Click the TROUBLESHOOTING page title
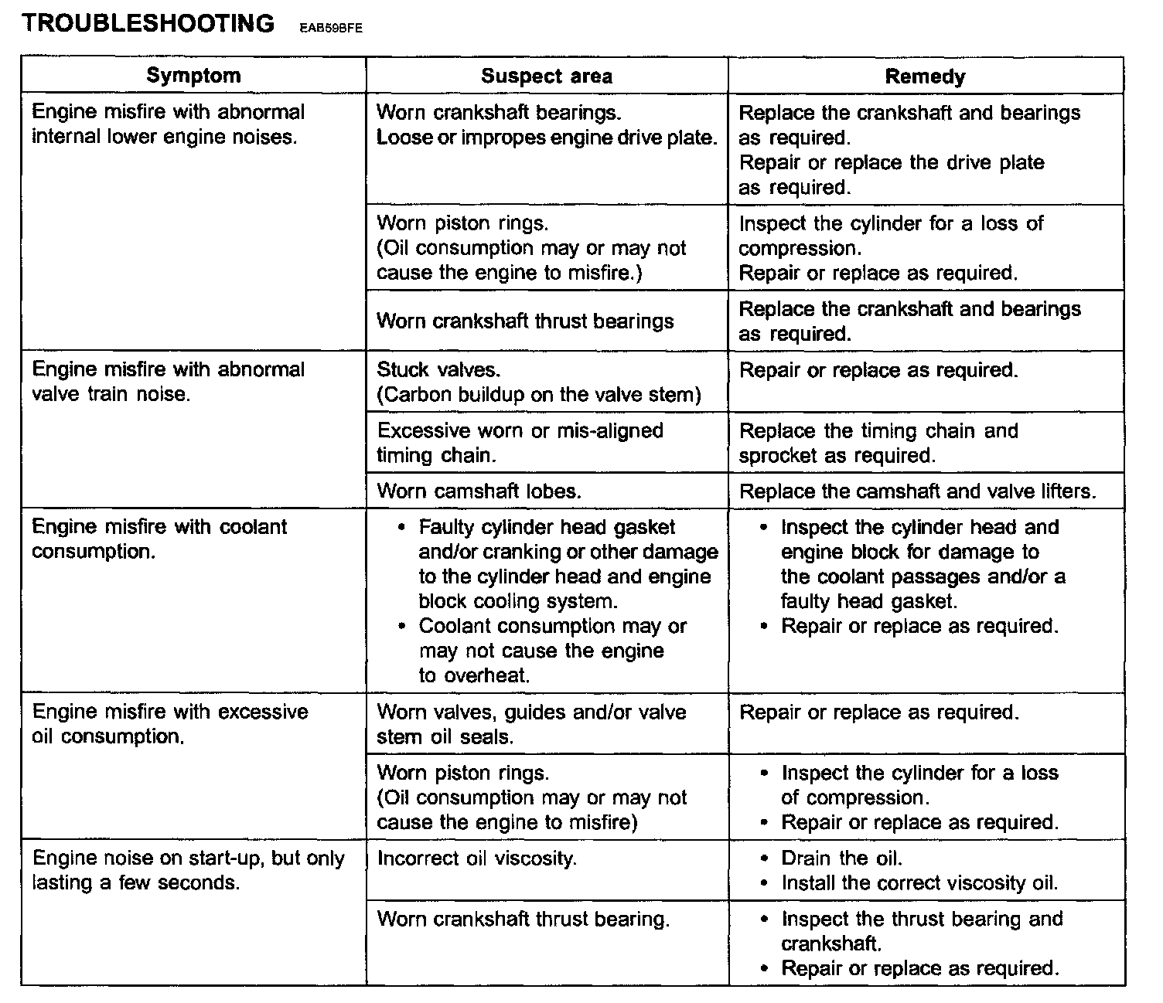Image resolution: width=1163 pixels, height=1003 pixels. (x=148, y=23)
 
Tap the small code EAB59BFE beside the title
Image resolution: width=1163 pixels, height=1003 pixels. (x=328, y=28)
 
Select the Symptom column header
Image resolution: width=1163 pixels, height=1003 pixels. (x=193, y=76)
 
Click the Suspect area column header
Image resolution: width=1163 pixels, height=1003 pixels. (x=547, y=76)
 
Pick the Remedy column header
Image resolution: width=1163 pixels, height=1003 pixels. (x=925, y=76)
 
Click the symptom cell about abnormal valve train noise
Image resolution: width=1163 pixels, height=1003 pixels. (x=169, y=382)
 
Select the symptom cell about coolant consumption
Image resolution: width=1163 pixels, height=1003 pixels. (x=159, y=539)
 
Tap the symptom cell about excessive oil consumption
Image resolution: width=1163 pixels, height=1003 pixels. (x=170, y=724)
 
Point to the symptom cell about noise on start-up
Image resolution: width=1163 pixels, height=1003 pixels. (x=189, y=870)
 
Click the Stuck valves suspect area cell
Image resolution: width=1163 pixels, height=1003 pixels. (x=539, y=382)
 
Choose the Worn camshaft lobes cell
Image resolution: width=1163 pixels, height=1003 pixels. (x=479, y=491)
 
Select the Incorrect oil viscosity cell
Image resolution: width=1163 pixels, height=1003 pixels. (x=477, y=858)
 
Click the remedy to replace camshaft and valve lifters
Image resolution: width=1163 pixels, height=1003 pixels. (x=918, y=491)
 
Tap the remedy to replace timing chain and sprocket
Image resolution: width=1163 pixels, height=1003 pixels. (x=878, y=443)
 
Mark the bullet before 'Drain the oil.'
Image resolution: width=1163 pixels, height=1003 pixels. (x=765, y=858)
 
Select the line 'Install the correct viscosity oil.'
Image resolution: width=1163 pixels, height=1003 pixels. (x=919, y=883)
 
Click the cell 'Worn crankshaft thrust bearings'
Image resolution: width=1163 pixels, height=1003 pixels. (x=525, y=321)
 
